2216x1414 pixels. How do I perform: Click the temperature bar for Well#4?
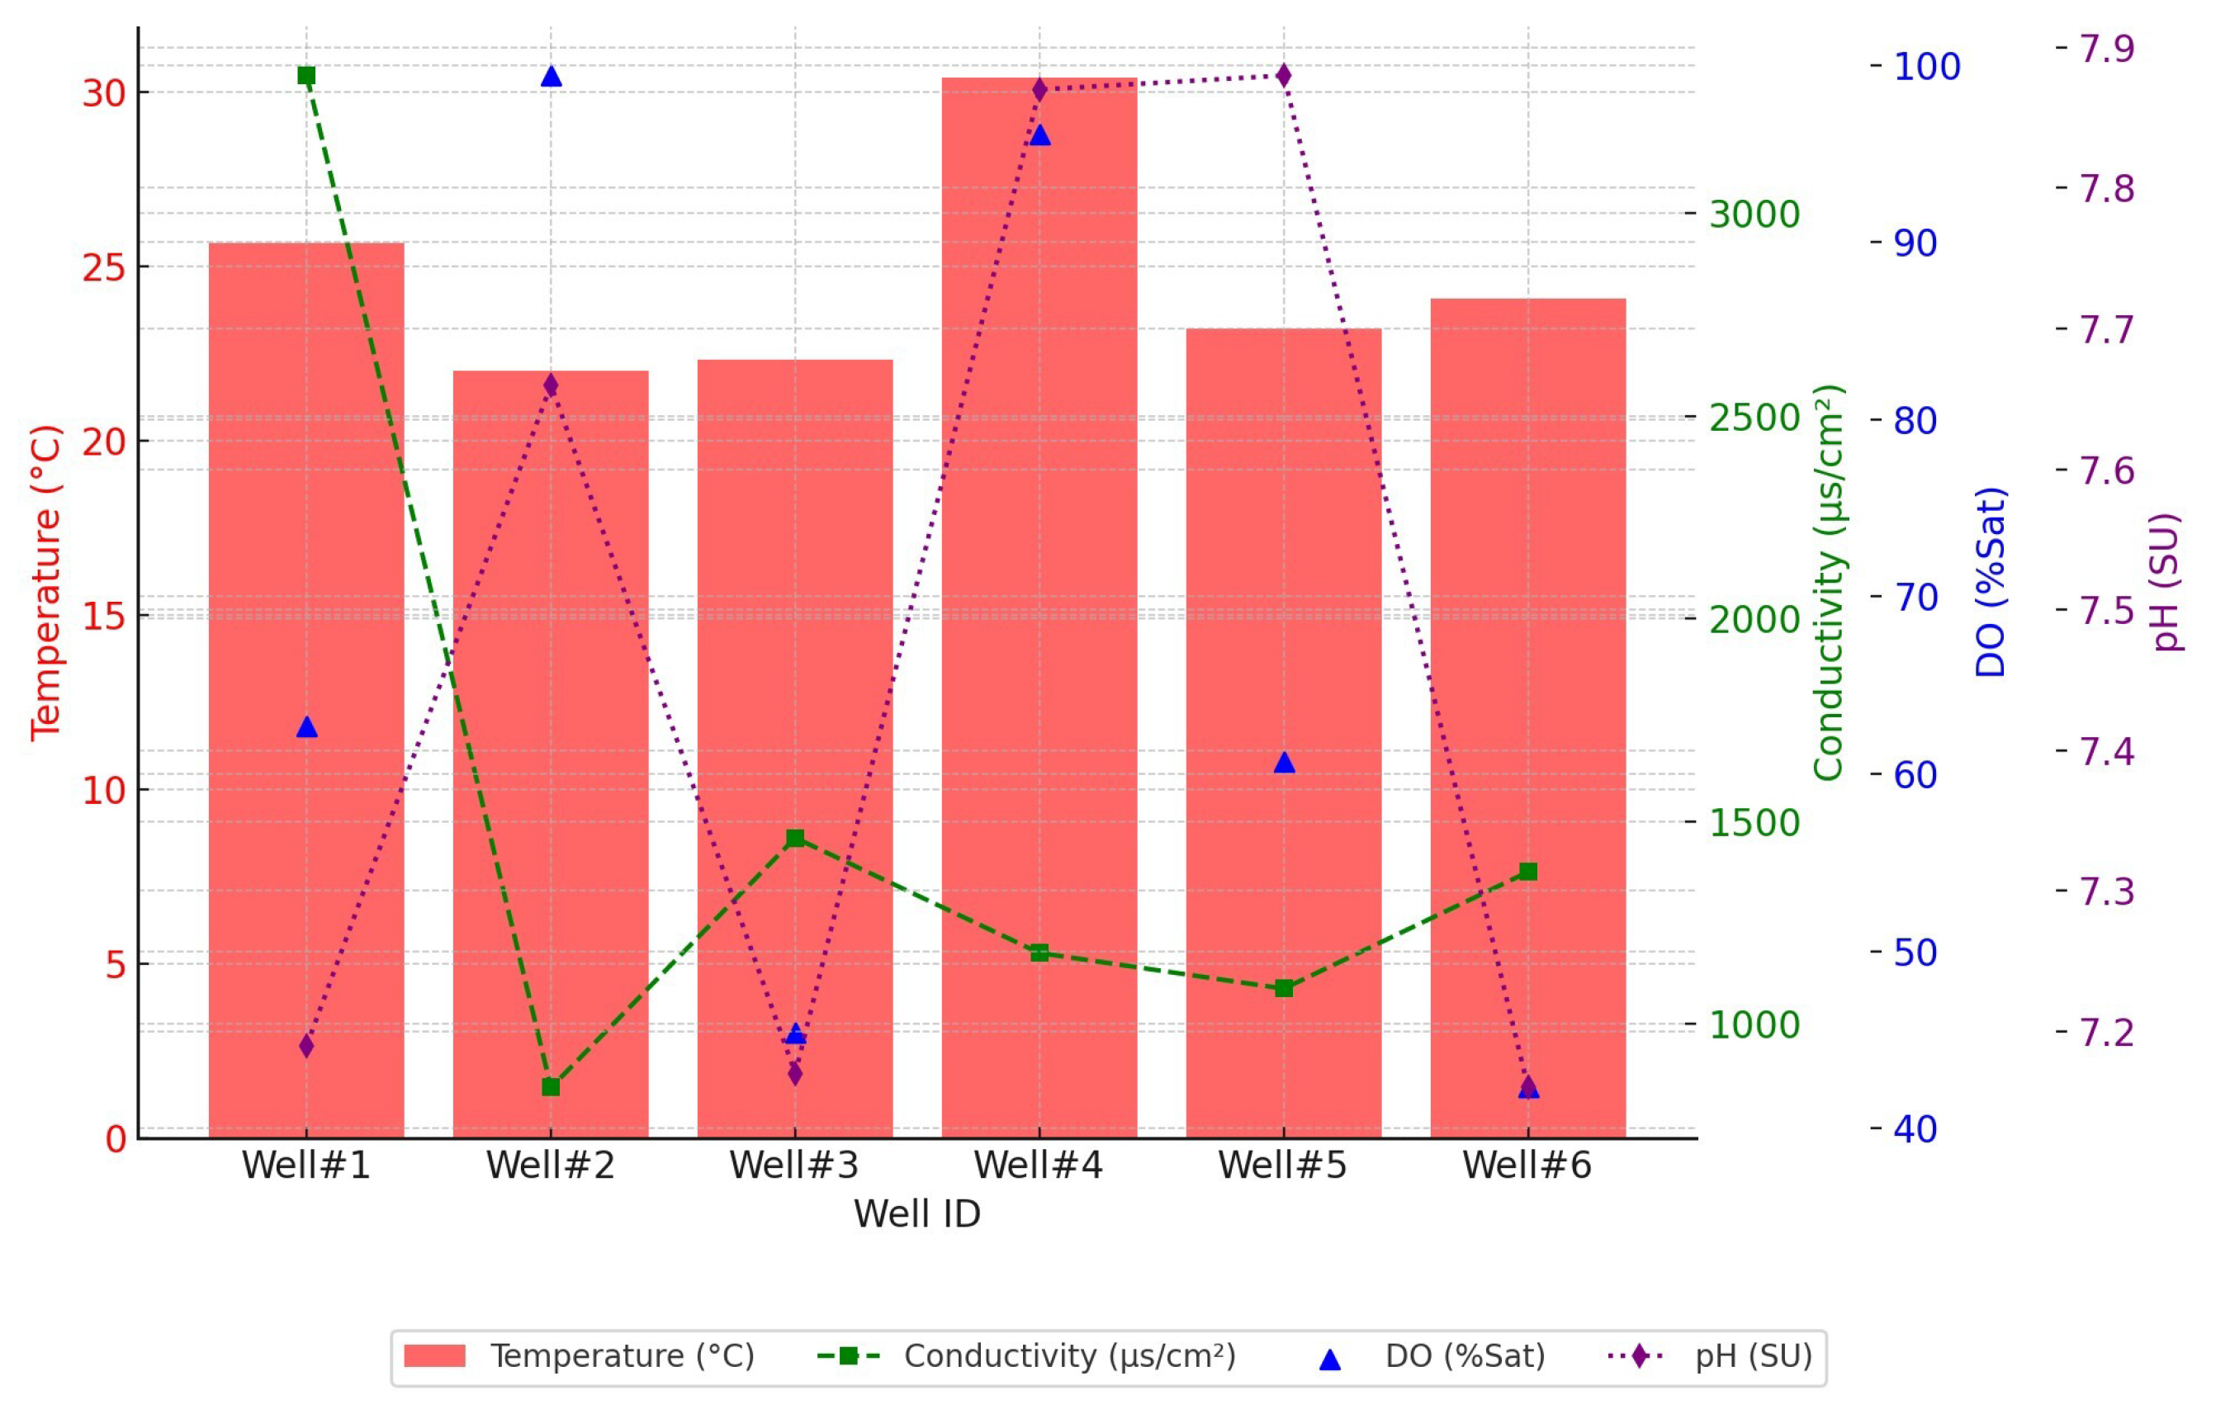pos(1039,608)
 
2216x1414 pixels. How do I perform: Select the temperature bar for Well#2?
pos(551,754)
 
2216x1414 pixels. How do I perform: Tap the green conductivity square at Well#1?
pos(306,75)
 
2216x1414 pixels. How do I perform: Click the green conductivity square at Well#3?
pos(795,838)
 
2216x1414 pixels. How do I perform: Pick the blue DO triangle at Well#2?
pos(552,77)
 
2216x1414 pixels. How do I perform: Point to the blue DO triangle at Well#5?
pos(1285,763)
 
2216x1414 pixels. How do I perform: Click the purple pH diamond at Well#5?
pos(1284,74)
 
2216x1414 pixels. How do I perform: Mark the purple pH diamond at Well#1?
pos(306,1046)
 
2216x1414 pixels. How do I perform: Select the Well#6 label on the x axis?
pos(1527,1166)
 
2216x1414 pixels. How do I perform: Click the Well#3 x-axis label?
pos(794,1166)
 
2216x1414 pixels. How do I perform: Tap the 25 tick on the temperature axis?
pos(104,267)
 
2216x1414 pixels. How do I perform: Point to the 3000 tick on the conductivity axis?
pos(1754,215)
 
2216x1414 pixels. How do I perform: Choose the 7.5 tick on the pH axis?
pos(2106,611)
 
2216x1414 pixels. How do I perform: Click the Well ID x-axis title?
pos(916,1214)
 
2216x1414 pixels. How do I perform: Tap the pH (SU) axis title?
pos(2166,581)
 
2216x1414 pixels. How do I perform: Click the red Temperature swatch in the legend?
pos(434,1356)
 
